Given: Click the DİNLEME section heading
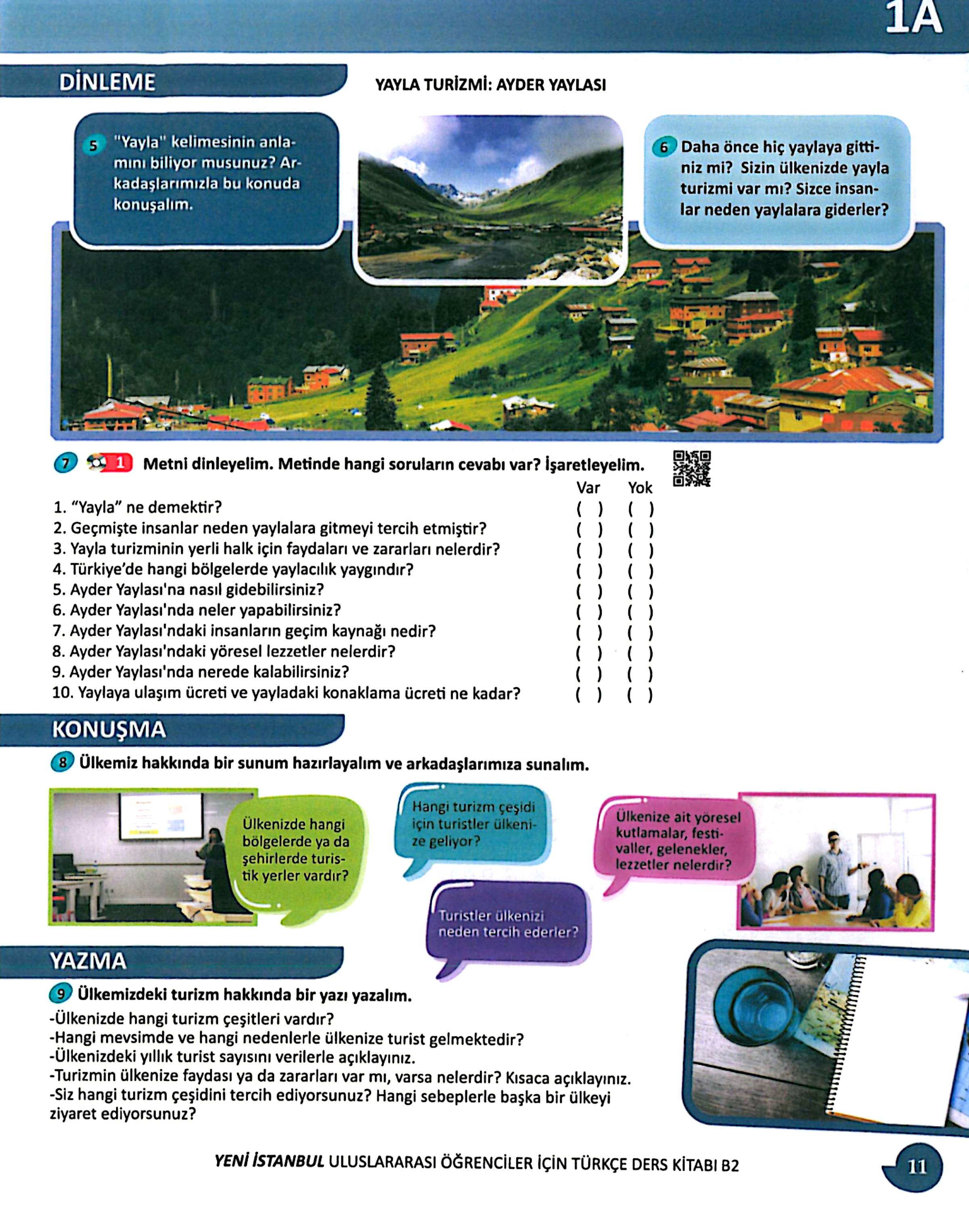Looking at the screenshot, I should (x=107, y=83).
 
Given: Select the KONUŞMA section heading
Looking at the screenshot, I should (x=109, y=729).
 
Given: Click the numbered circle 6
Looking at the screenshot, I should (x=663, y=148).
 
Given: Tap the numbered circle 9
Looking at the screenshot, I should (x=61, y=994).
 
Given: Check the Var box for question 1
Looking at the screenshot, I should (x=589, y=509).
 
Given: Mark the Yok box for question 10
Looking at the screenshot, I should (x=640, y=695).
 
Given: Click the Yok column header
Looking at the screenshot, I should (x=640, y=488).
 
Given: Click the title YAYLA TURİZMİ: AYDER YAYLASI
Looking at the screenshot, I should (x=490, y=86).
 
